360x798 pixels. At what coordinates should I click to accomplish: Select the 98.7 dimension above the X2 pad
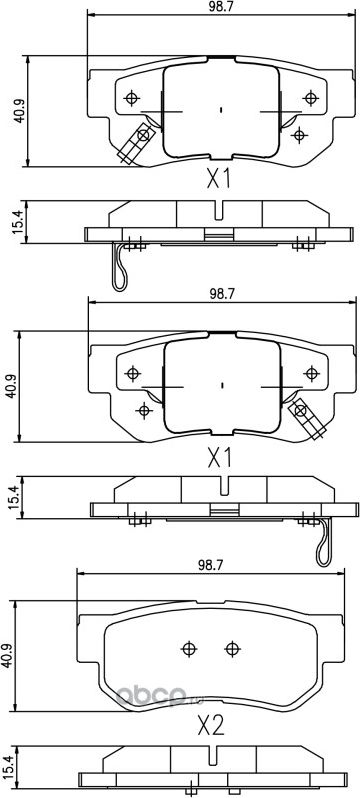pyautogui.click(x=209, y=564)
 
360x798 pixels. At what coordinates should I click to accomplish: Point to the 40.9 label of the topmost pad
pyautogui.click(x=19, y=111)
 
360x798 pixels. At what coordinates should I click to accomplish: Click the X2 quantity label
pyautogui.click(x=210, y=727)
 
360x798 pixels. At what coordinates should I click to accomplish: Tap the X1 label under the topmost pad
pyautogui.click(x=218, y=180)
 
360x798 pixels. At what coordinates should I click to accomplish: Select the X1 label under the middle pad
pyautogui.click(x=220, y=459)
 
